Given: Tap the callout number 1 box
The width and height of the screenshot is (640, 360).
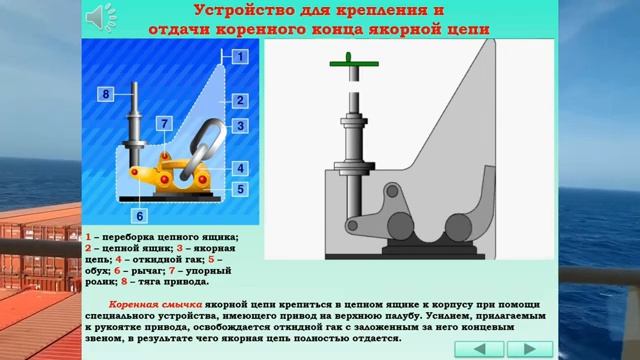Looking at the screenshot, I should (x=240, y=57).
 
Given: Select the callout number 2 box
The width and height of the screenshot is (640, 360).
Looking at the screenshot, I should (x=240, y=101).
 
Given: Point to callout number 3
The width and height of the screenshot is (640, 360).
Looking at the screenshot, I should (x=240, y=126).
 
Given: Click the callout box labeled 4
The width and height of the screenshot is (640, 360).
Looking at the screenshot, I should (x=240, y=168).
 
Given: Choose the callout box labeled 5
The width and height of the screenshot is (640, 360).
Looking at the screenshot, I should (x=240, y=188).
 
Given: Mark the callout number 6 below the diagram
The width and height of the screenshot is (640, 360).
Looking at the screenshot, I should (x=140, y=215).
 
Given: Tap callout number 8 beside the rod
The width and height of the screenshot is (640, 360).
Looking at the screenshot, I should (x=104, y=94).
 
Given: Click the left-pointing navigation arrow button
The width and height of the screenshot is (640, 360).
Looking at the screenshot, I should (x=485, y=348).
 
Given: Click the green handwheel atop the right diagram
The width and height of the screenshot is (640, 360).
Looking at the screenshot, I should (x=352, y=69).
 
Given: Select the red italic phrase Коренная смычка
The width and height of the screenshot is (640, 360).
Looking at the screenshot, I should (x=157, y=303).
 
